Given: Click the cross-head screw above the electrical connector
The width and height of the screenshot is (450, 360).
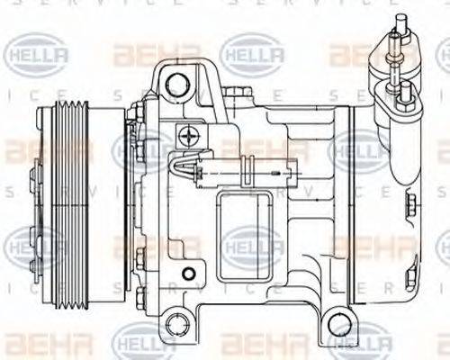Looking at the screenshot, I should pos(188,136).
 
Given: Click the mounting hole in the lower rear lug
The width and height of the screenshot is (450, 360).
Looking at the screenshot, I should pos(337,323).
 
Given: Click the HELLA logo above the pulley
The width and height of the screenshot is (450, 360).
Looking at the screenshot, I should pos(36,56).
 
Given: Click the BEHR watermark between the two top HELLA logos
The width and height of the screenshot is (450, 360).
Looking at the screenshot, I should pos(144,56).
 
